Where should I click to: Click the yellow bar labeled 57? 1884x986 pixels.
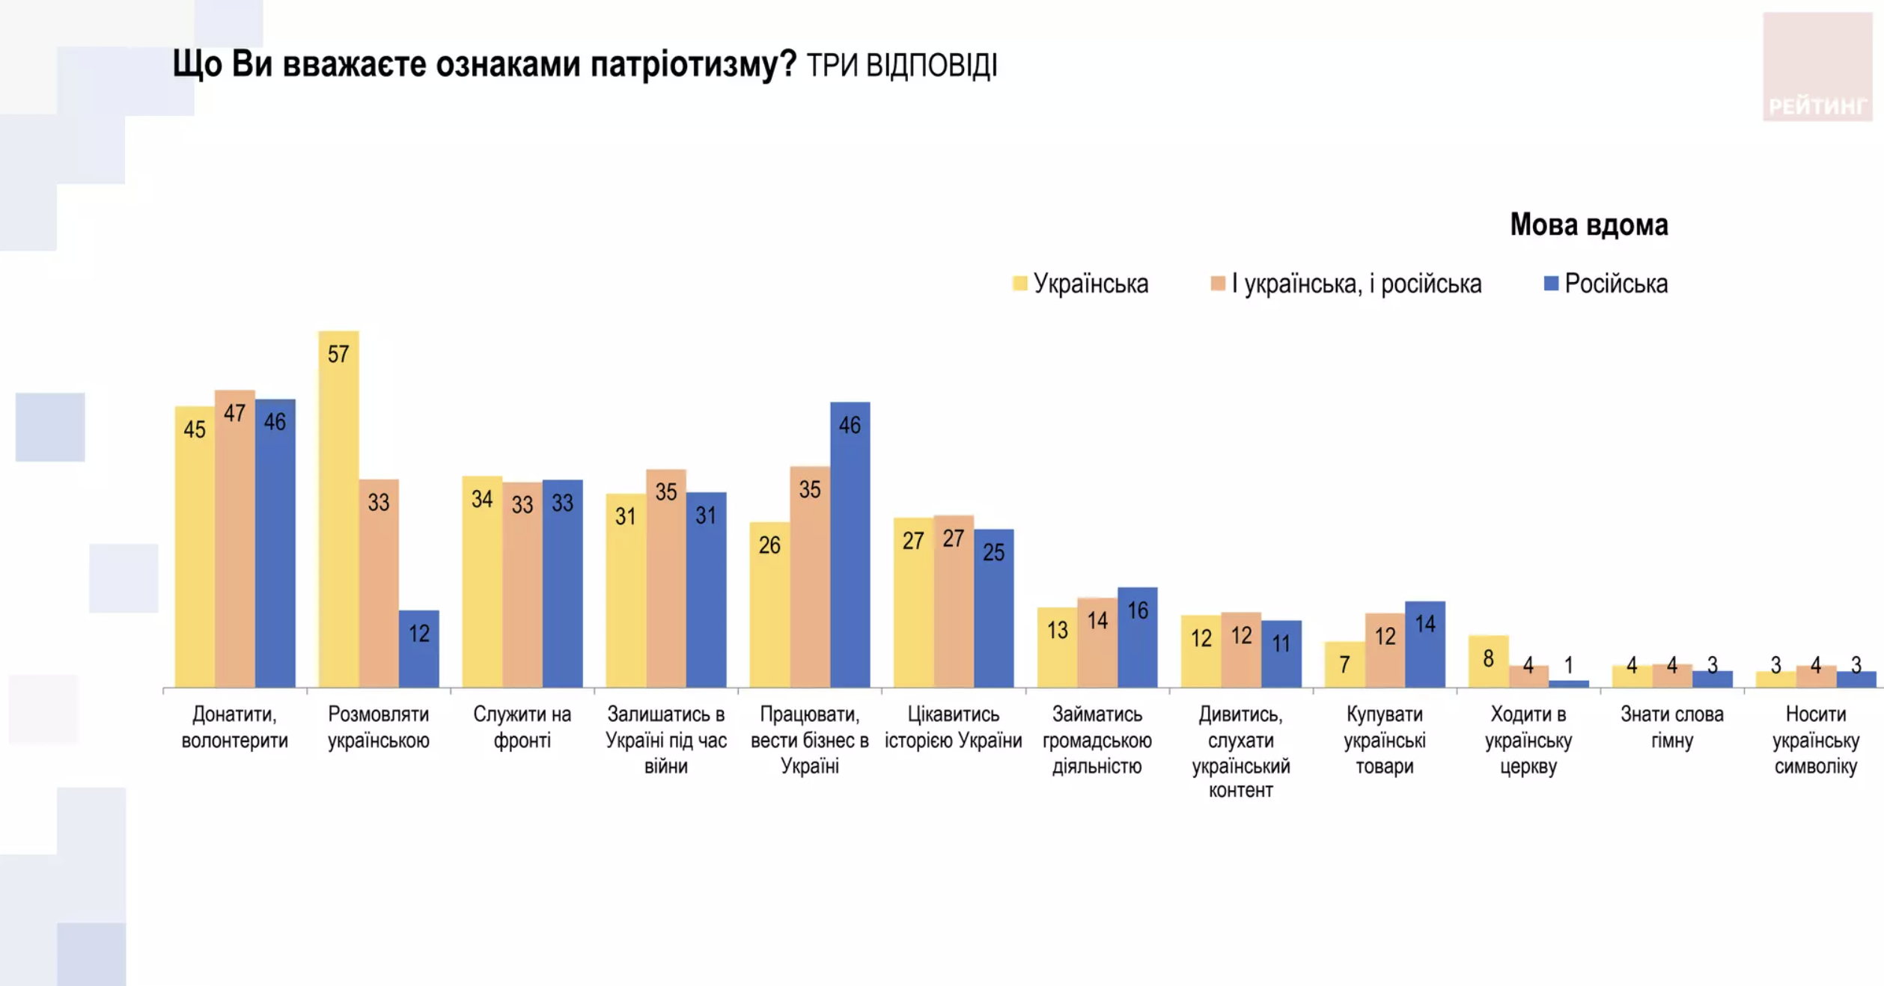coord(338,509)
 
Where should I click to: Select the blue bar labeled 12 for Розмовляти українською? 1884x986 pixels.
coord(418,649)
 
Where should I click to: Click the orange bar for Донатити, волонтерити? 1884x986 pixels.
coord(235,539)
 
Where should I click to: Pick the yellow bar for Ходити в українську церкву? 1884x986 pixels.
coord(1488,661)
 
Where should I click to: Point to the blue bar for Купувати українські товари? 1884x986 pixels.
coord(1424,644)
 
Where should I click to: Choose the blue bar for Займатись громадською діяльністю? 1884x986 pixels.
coord(1137,637)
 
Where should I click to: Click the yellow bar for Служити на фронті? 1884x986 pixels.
coord(482,581)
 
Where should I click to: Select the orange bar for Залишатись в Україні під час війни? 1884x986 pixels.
coord(666,578)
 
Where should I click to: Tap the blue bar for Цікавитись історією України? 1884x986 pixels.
coord(993,608)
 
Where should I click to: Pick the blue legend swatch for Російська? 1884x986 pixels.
coord(1551,284)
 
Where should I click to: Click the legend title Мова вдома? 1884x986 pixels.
coord(1588,224)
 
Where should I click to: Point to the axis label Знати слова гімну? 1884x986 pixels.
coord(1671,727)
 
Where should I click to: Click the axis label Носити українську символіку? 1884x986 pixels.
coord(1815,740)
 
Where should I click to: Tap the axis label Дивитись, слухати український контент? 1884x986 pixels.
coord(1240,752)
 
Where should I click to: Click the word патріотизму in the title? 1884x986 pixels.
coord(693,64)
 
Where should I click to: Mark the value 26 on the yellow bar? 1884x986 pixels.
coord(769,545)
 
